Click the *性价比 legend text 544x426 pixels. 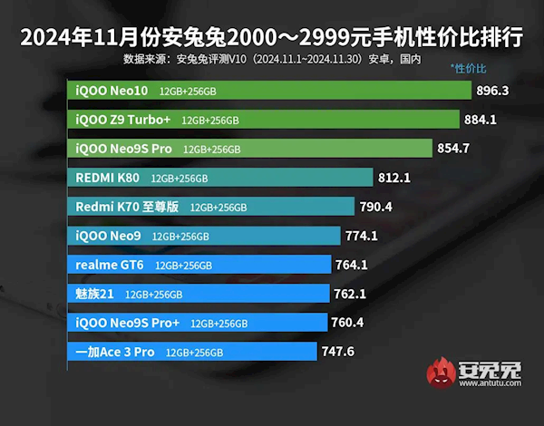[x=468, y=69]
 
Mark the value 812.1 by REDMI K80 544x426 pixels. [x=393, y=177]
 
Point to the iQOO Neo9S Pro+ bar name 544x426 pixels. [x=128, y=323]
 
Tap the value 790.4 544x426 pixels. [x=375, y=207]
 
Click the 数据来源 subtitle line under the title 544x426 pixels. [x=272, y=56]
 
